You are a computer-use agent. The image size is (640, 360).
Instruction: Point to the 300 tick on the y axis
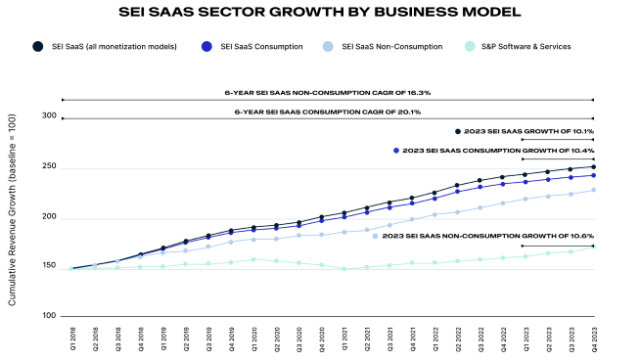tap(50, 116)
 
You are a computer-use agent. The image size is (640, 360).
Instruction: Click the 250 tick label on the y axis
tap(50, 166)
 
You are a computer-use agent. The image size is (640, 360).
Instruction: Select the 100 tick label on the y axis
tap(50, 316)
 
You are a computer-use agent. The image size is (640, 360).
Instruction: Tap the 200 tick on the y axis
tap(50, 217)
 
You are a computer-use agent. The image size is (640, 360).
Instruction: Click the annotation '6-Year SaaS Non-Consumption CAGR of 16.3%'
tap(326, 93)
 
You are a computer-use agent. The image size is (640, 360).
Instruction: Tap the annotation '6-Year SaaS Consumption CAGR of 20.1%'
tap(326, 111)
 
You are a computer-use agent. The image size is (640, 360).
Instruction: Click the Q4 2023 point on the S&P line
tap(593, 248)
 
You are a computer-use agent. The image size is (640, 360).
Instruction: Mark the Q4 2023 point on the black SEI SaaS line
tap(593, 167)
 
